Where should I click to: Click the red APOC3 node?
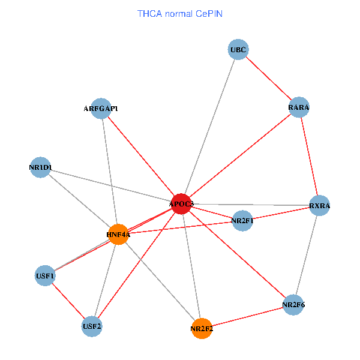click(181, 204)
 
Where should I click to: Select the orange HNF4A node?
click(119, 234)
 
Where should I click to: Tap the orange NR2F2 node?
click(202, 328)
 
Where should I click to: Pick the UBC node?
click(238, 49)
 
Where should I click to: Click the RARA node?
click(299, 107)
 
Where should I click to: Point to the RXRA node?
click(319, 206)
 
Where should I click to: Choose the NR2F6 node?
click(293, 305)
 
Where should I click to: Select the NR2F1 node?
click(242, 221)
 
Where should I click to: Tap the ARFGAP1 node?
click(101, 109)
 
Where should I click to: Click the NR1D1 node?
click(40, 167)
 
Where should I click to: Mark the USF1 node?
click(45, 277)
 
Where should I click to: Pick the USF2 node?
click(92, 326)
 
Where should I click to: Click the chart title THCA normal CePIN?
click(180, 13)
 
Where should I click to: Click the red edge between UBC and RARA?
click(268, 78)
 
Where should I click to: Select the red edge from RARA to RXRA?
click(309, 157)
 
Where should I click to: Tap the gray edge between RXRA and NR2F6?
click(306, 255)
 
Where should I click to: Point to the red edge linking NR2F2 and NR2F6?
click(247, 317)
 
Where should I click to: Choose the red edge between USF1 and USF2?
click(68, 301)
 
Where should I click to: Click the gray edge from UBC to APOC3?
click(210, 127)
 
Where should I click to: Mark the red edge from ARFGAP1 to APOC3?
click(141, 156)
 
